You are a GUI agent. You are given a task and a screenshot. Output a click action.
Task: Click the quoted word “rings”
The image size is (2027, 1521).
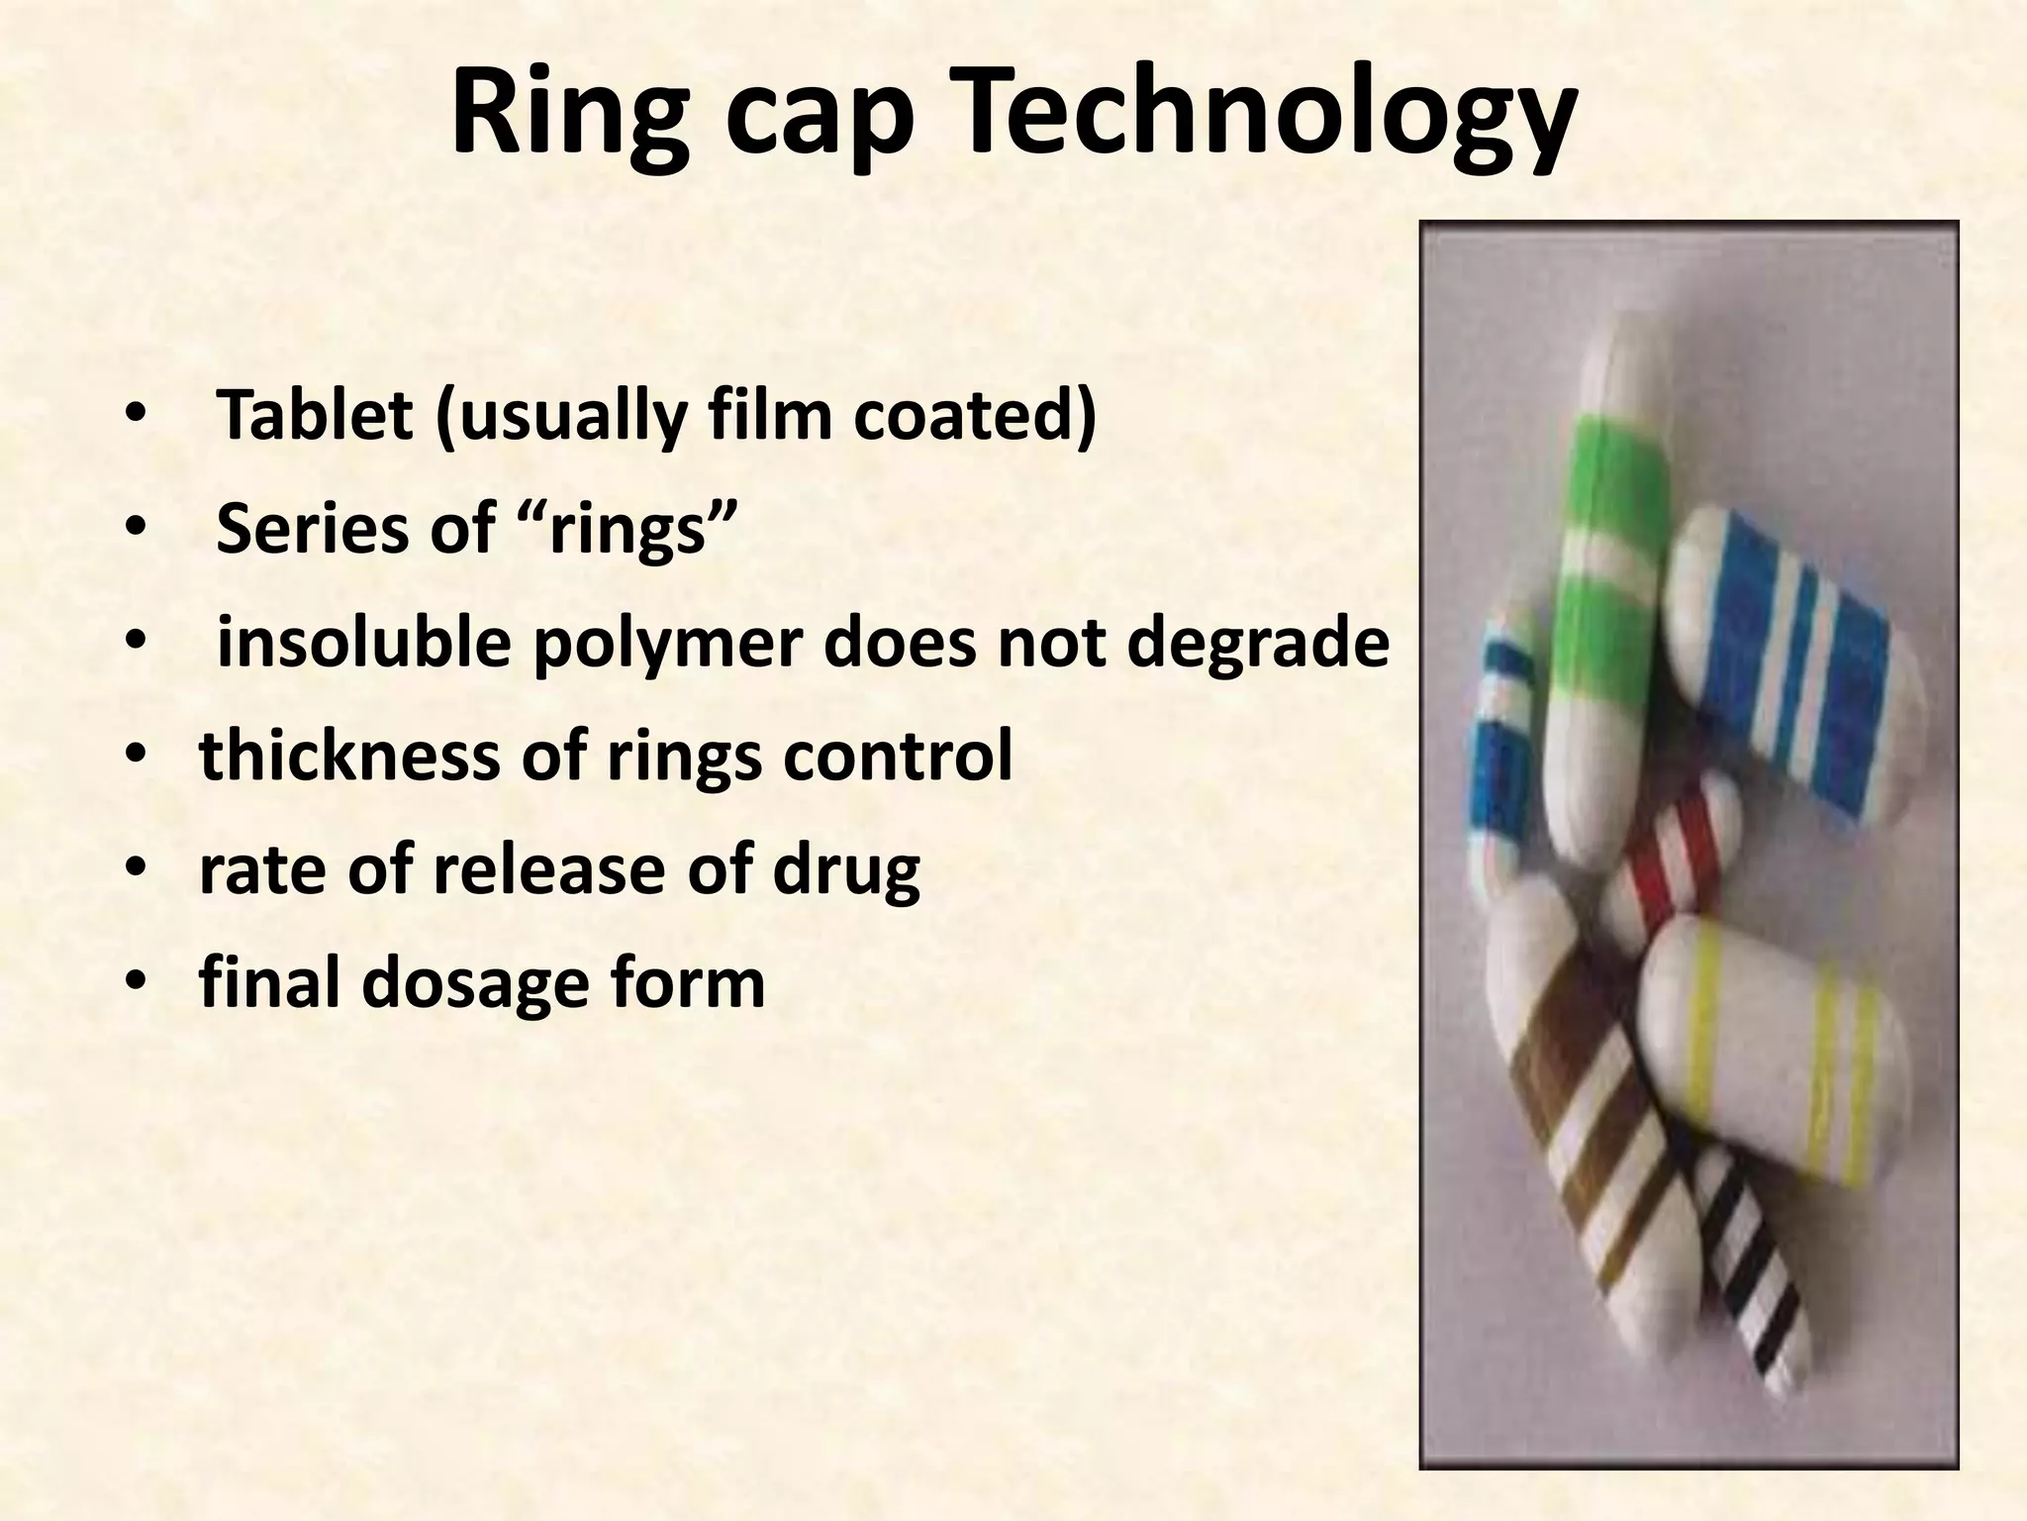(x=643, y=529)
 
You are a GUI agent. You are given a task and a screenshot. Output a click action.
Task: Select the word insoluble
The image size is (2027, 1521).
(x=363, y=642)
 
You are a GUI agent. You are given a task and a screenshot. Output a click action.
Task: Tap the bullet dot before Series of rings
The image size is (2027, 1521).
(x=135, y=528)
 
